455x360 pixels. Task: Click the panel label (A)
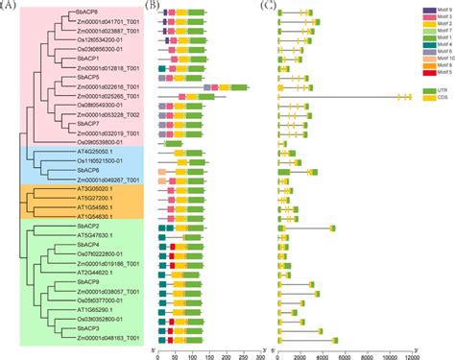(x=11, y=6)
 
